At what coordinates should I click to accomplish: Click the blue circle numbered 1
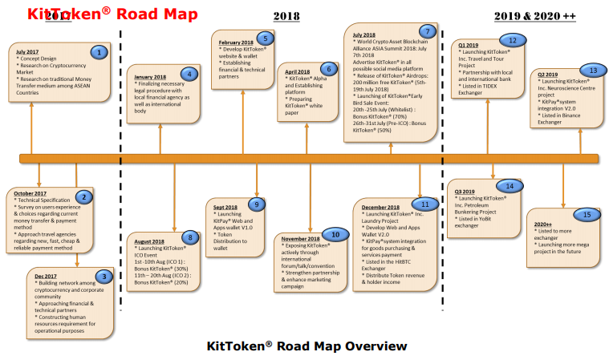(x=99, y=52)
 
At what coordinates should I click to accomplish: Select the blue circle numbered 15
(x=587, y=214)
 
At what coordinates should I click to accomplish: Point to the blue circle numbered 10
(x=335, y=235)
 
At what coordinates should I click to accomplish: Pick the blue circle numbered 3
(x=102, y=277)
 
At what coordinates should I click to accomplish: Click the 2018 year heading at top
(x=286, y=15)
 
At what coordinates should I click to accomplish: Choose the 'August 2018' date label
(x=150, y=241)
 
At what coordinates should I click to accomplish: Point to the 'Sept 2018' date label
(x=225, y=207)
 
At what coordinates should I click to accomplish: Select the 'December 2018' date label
(x=382, y=207)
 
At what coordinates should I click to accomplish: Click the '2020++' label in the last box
(x=543, y=223)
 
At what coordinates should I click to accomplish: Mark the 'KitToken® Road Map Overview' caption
(x=306, y=346)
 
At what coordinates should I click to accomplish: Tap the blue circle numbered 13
(x=592, y=71)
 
